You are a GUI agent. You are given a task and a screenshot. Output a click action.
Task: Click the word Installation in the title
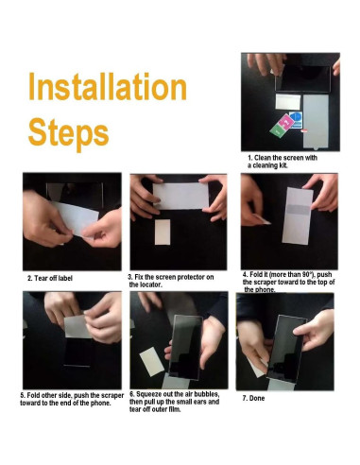(108, 87)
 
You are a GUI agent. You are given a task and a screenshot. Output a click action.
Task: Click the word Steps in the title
(69, 133)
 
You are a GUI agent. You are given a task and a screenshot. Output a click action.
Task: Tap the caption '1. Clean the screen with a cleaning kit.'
(283, 162)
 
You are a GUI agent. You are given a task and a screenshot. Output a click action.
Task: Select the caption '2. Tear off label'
(50, 278)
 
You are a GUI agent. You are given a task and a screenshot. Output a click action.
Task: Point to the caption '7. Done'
(253, 398)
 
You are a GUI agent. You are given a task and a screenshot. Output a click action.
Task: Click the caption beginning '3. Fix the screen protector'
(171, 281)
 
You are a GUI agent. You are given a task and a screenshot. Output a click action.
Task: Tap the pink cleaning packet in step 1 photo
(286, 122)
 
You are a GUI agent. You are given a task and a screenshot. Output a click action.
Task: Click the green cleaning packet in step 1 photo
(277, 130)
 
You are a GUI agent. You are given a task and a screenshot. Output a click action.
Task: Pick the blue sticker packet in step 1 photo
(296, 119)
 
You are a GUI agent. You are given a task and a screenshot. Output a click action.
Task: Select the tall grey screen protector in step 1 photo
(316, 122)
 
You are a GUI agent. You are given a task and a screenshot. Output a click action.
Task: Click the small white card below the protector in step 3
(163, 232)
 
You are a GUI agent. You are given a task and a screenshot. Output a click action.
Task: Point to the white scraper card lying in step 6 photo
(152, 361)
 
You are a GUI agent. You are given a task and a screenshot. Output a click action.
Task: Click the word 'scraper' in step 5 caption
(112, 395)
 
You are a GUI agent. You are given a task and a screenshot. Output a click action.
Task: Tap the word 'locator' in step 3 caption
(150, 284)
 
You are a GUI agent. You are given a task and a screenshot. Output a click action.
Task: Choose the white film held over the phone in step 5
(77, 326)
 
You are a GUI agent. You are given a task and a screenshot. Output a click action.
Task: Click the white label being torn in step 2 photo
(76, 218)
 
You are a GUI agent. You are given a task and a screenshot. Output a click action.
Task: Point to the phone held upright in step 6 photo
(186, 347)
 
